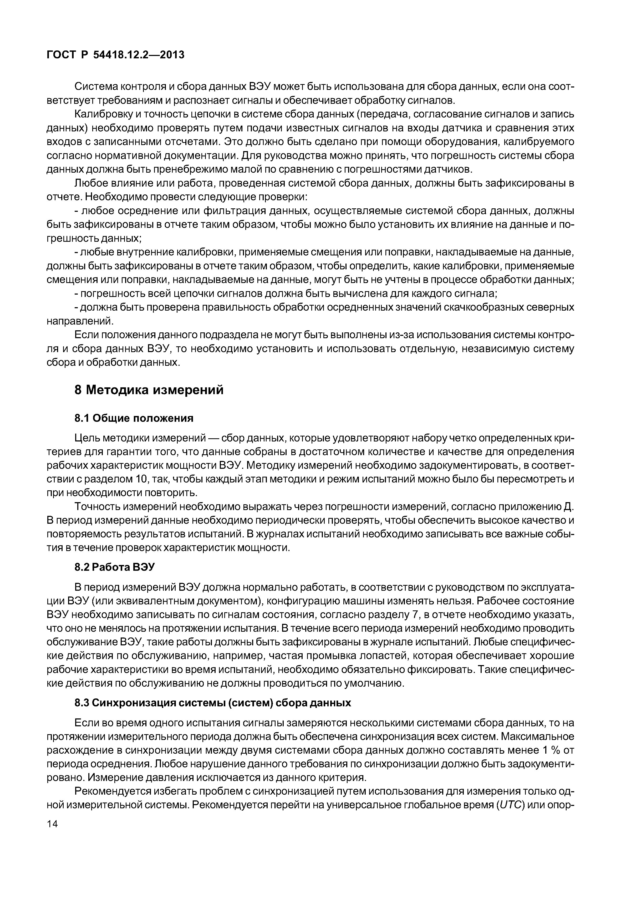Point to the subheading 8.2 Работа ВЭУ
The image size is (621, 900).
click(114, 567)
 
